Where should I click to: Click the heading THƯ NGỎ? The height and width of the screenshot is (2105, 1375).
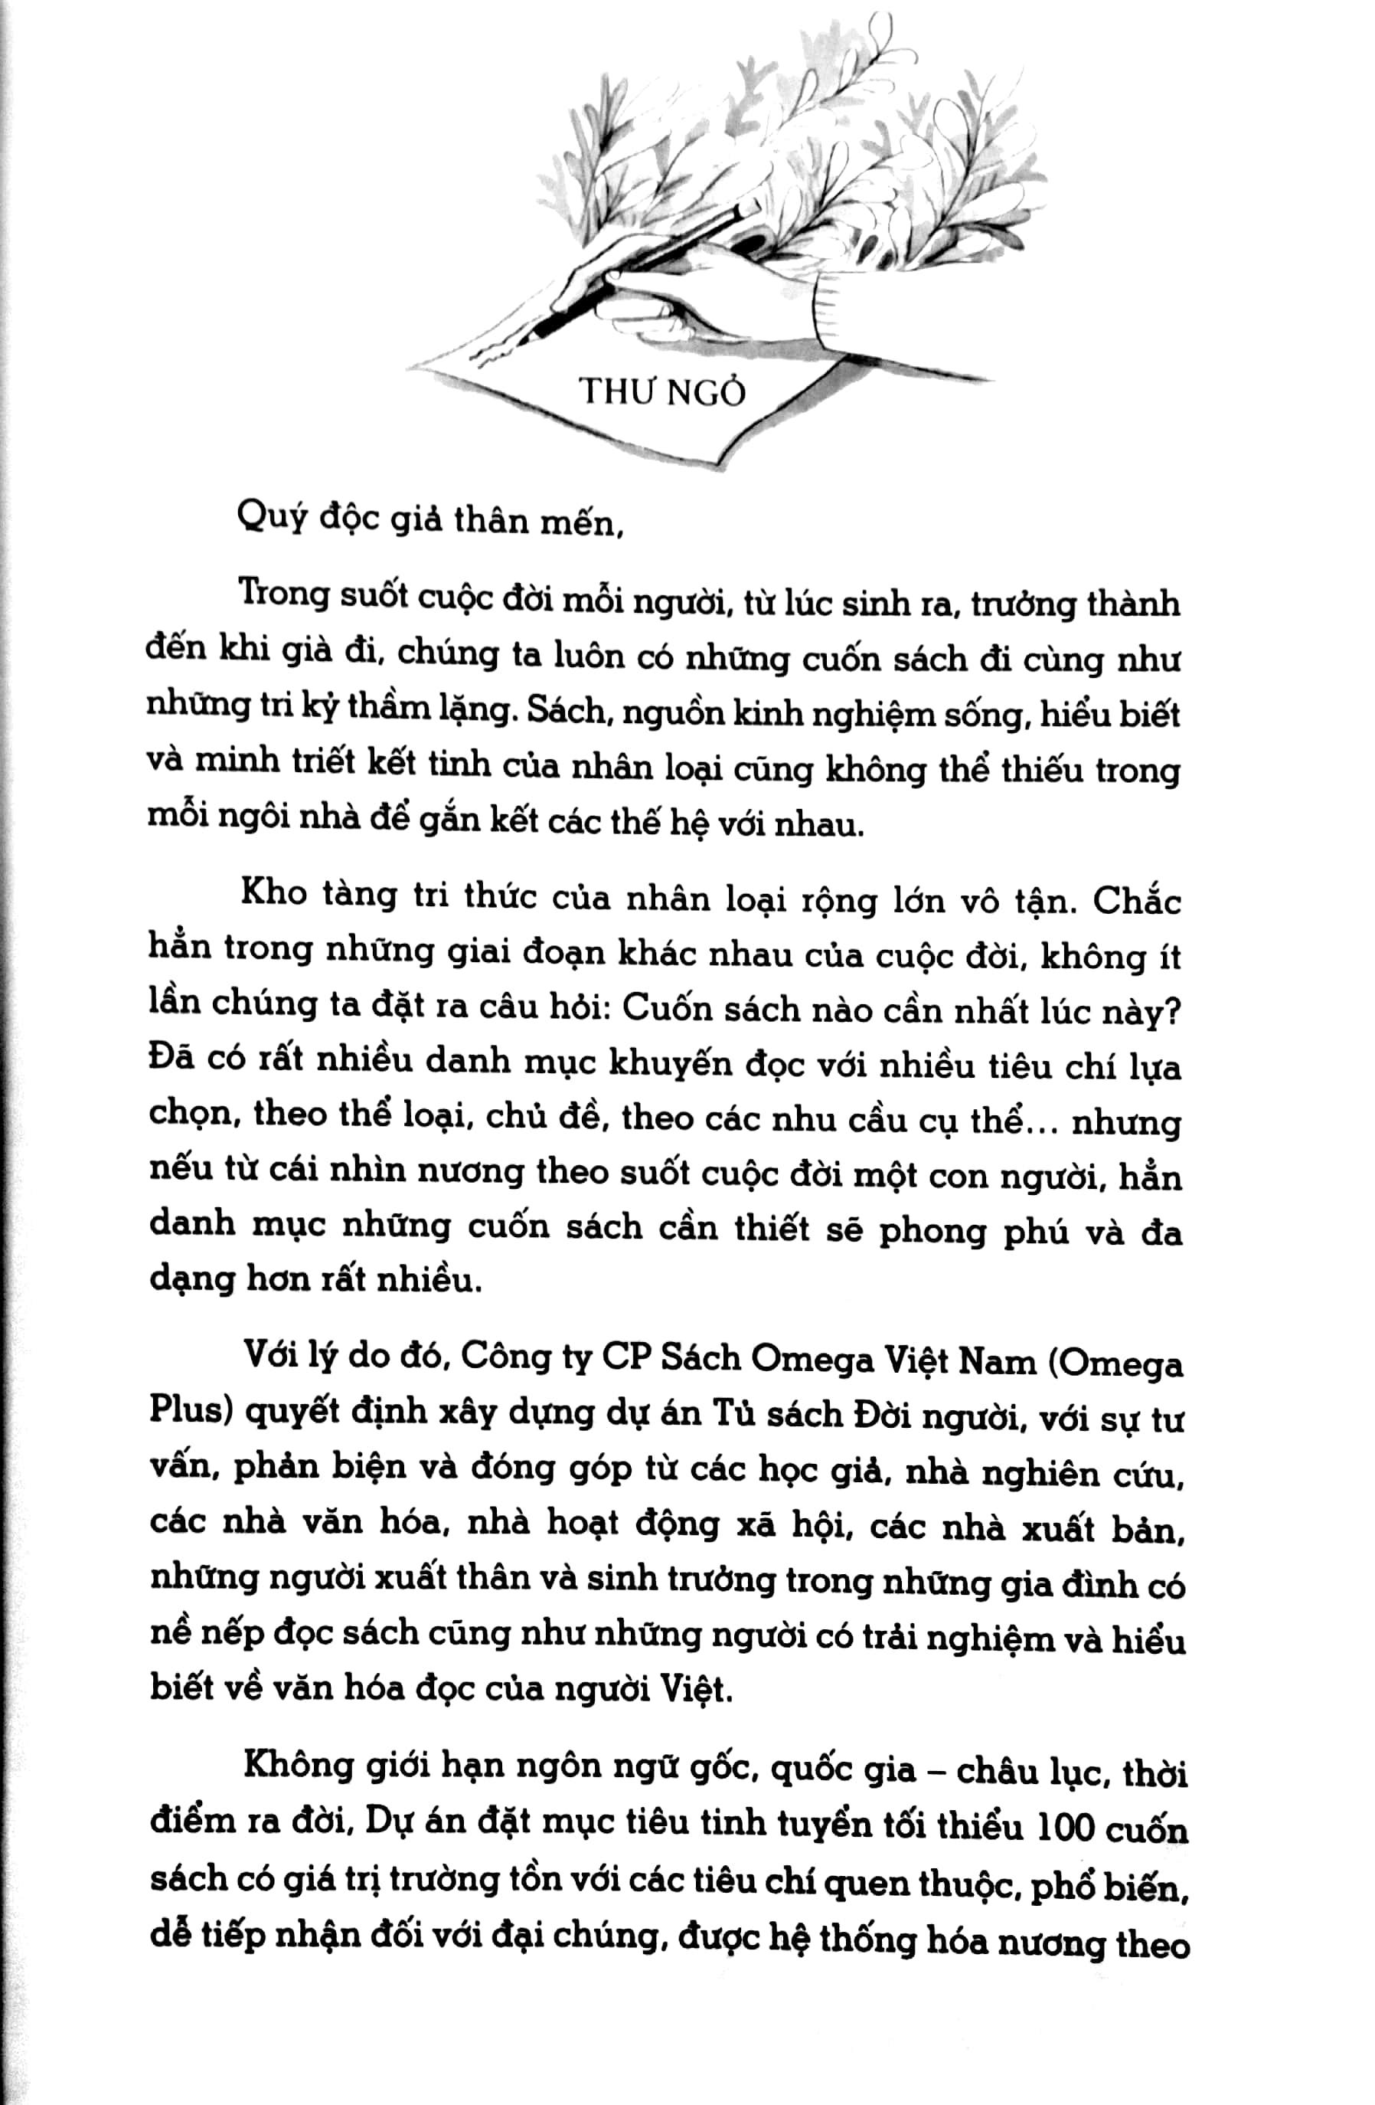pyautogui.click(x=662, y=391)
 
